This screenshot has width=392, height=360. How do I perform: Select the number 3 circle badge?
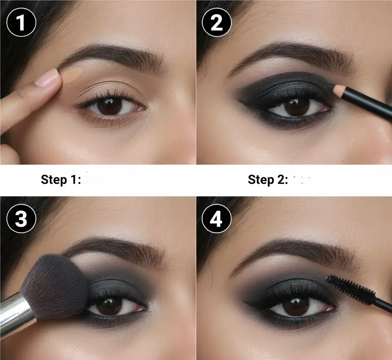[21, 219]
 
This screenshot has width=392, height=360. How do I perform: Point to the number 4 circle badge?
[217, 219]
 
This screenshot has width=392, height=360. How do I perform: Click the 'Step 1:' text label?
[60, 179]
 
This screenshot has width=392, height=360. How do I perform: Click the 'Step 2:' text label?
[268, 179]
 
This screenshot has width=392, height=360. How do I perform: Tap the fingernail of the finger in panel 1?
[47, 78]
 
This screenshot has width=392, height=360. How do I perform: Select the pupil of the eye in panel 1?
[110, 106]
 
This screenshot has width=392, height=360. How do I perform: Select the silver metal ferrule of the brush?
[15, 314]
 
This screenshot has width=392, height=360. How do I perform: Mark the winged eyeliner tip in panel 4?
[245, 303]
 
